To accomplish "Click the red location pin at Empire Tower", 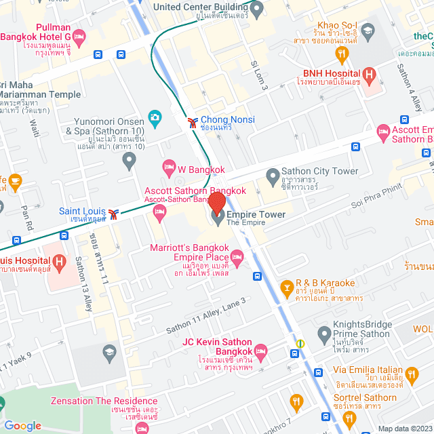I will pos(217,203).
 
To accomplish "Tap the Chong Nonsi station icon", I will pos(193,121).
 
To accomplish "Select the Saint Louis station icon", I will pos(119,214).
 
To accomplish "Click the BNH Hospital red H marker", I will pos(369,74).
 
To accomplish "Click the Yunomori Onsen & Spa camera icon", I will pos(155,119).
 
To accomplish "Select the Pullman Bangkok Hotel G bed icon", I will pos(79,37).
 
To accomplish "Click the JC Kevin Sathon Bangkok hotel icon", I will pos(261,350).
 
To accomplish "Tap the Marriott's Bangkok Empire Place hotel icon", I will pos(237,256).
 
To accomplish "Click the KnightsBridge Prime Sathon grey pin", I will pos(325,334).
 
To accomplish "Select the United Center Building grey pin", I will pos(256,9).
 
